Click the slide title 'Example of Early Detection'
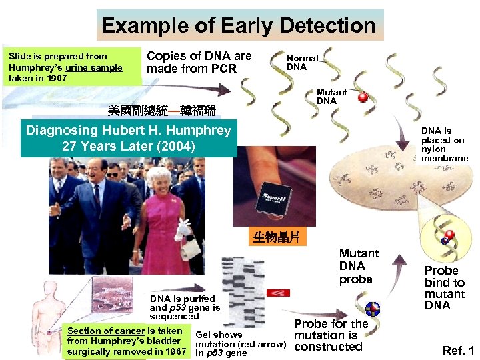tap(239, 25)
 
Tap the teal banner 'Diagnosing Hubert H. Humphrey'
tap(128, 137)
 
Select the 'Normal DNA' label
tap(302, 63)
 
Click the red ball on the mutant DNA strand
tap(363, 97)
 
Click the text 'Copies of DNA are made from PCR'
tap(199, 63)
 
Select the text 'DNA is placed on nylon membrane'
tap(443, 145)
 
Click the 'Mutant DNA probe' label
tap(358, 266)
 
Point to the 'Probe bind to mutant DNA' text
tap(444, 288)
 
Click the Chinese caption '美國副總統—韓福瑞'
tap(161, 108)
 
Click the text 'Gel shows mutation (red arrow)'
tap(240, 344)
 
